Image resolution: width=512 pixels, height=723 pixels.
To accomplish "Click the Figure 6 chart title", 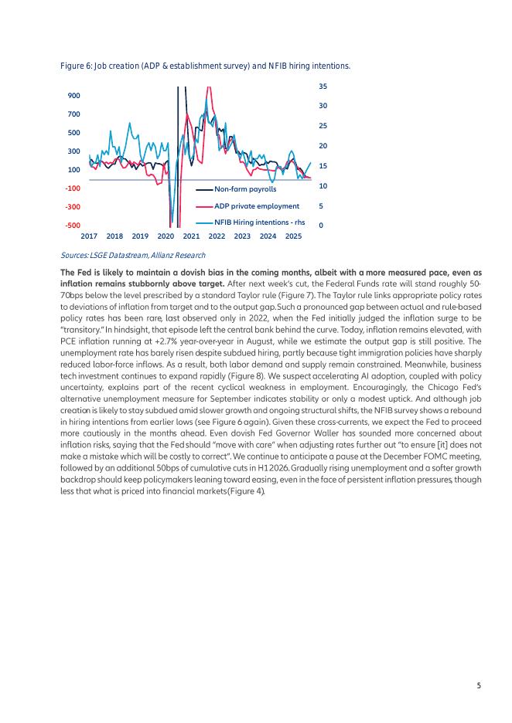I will point(205,67).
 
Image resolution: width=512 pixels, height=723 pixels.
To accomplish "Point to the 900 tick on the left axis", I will point(73,96).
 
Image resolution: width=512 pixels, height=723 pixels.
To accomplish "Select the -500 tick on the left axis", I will point(72,226).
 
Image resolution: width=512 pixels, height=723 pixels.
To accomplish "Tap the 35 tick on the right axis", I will point(323,86).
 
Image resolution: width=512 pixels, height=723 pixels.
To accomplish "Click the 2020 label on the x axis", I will point(166,236).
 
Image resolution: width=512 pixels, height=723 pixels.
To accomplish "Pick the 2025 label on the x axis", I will point(293,236).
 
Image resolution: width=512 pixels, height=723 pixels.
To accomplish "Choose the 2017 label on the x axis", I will point(89,236).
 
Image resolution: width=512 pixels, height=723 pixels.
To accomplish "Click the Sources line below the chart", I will point(132,255).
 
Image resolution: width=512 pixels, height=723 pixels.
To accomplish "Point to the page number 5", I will point(479,685).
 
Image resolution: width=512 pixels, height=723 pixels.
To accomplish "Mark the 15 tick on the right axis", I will point(323,166).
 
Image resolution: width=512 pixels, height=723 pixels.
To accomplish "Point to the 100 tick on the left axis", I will point(73,170).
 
